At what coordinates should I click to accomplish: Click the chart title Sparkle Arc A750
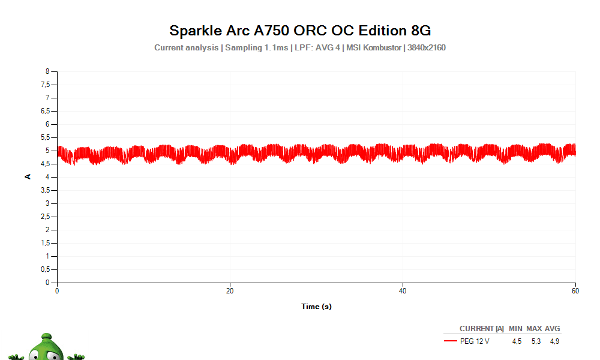pos(299,30)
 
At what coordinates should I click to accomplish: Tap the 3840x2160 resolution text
pos(426,47)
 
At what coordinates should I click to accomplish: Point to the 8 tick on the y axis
pos(47,71)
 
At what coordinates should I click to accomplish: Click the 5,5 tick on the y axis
pos(45,137)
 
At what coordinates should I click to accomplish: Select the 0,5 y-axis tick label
pos(45,269)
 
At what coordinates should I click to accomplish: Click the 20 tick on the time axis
pos(230,291)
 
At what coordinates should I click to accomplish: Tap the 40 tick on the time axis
pos(403,291)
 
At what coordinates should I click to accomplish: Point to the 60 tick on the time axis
pos(575,291)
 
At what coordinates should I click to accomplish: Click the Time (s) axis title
pos(316,307)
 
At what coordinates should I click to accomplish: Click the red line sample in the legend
pos(450,341)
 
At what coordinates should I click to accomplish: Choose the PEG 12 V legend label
pos(475,341)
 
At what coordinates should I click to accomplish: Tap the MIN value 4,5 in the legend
pos(516,341)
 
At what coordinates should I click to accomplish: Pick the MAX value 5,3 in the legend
pos(536,341)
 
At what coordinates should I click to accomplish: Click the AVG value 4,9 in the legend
pos(554,341)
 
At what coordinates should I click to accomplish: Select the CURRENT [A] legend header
pos(481,329)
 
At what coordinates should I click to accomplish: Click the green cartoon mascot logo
pos(47,348)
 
